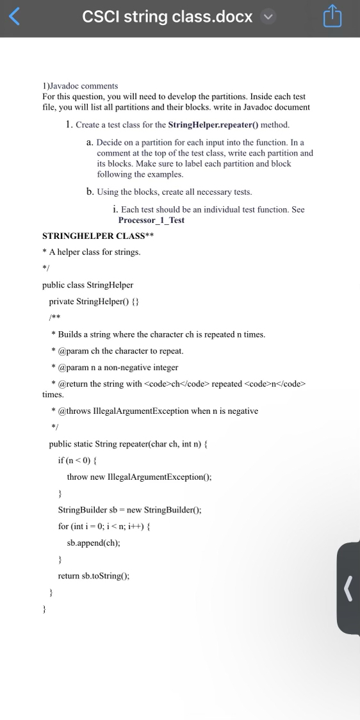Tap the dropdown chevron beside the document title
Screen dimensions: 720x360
268,17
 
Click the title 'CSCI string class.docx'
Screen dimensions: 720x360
167,17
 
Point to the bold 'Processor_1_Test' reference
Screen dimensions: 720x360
151,220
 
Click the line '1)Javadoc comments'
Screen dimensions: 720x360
80,86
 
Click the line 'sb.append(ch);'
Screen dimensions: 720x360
94,542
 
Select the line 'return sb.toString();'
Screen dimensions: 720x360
94,576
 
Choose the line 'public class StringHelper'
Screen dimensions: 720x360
88,284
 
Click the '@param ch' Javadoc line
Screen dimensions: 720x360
120,351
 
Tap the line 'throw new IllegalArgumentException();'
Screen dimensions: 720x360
139,477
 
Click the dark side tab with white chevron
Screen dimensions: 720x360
348,587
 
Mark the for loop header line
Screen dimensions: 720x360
104,526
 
